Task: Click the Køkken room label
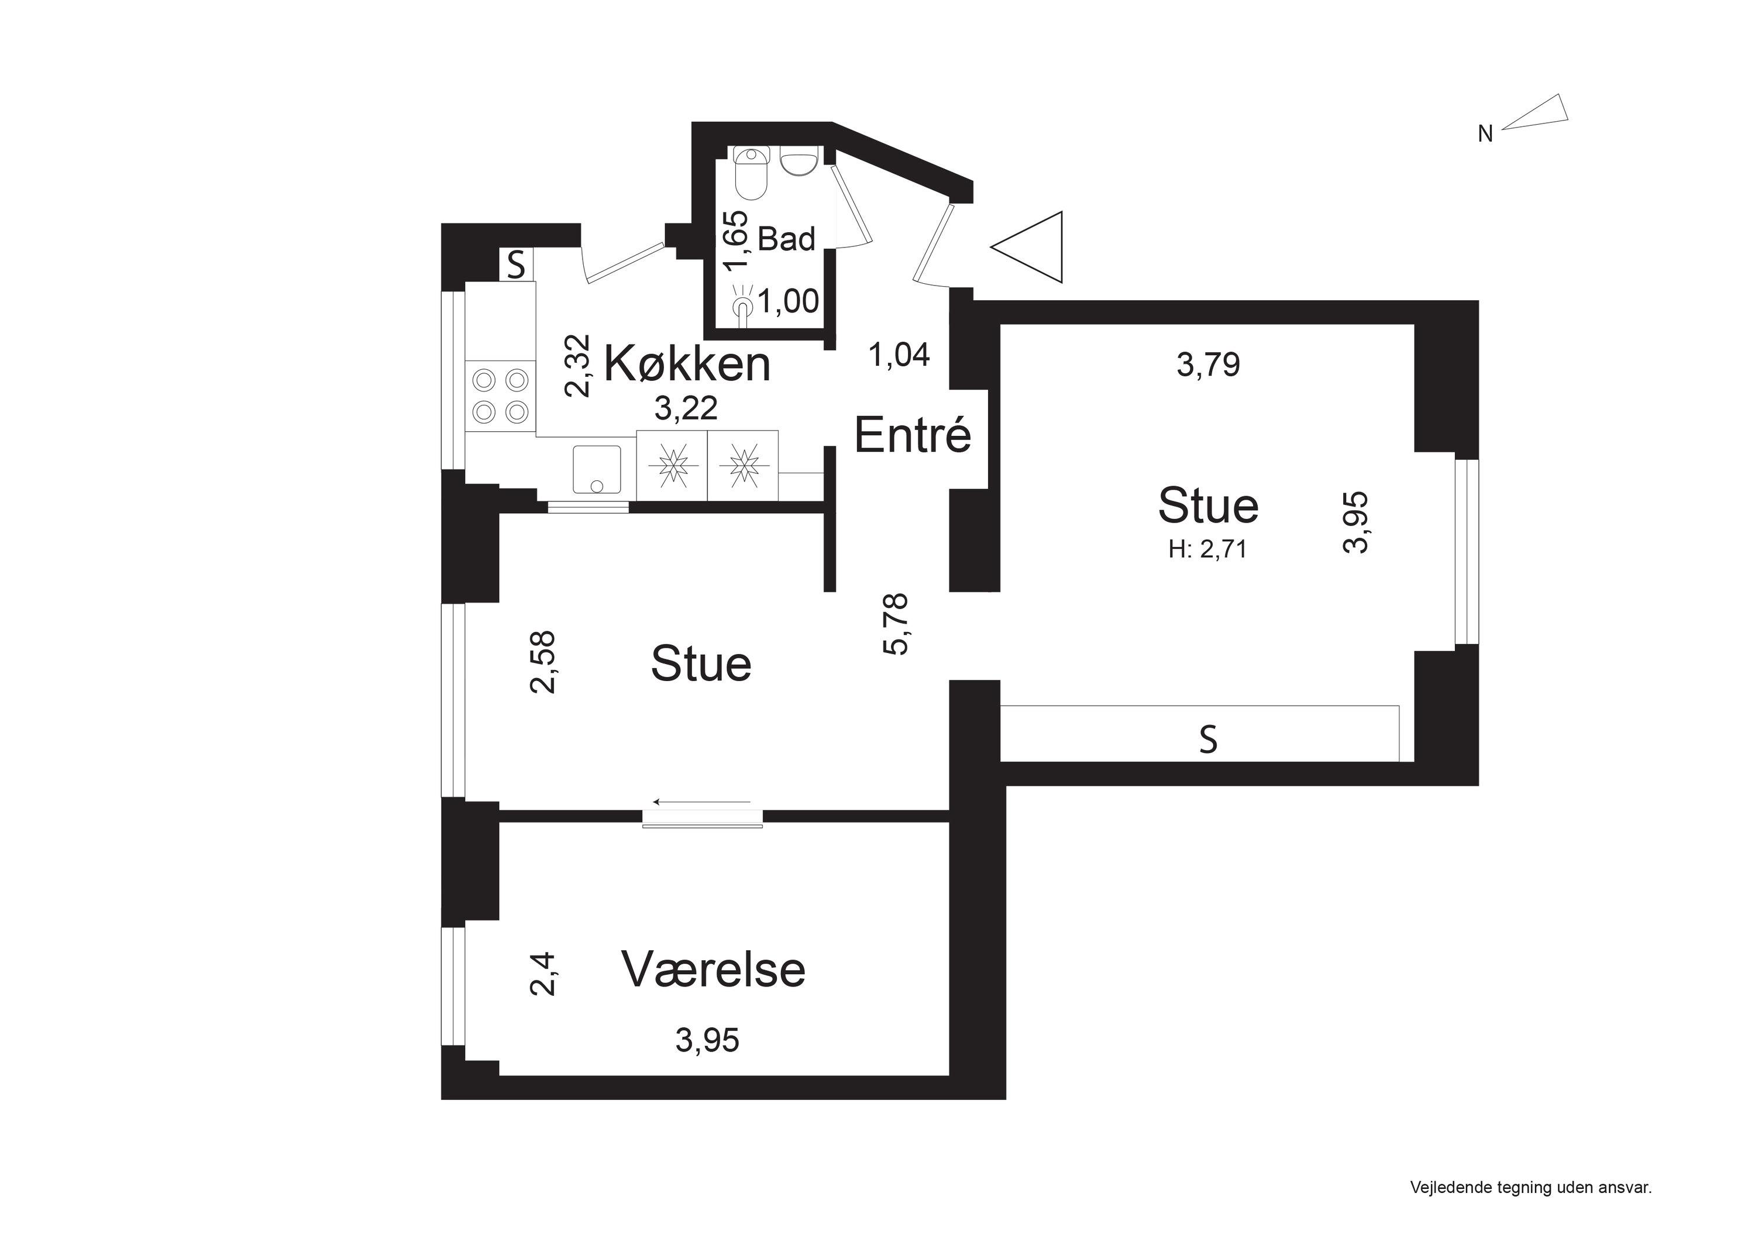(x=686, y=364)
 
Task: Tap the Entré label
(x=912, y=436)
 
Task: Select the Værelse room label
(x=713, y=970)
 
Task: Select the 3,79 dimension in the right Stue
(x=1207, y=365)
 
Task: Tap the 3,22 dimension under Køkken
(x=686, y=409)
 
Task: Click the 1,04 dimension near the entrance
(x=899, y=355)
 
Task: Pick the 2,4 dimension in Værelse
(x=543, y=974)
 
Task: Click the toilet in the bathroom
(x=751, y=174)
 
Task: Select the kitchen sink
(x=596, y=469)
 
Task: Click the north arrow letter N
(x=1484, y=135)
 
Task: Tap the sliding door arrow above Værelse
(x=701, y=802)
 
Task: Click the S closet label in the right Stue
(x=1207, y=740)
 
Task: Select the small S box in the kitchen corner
(x=517, y=265)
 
